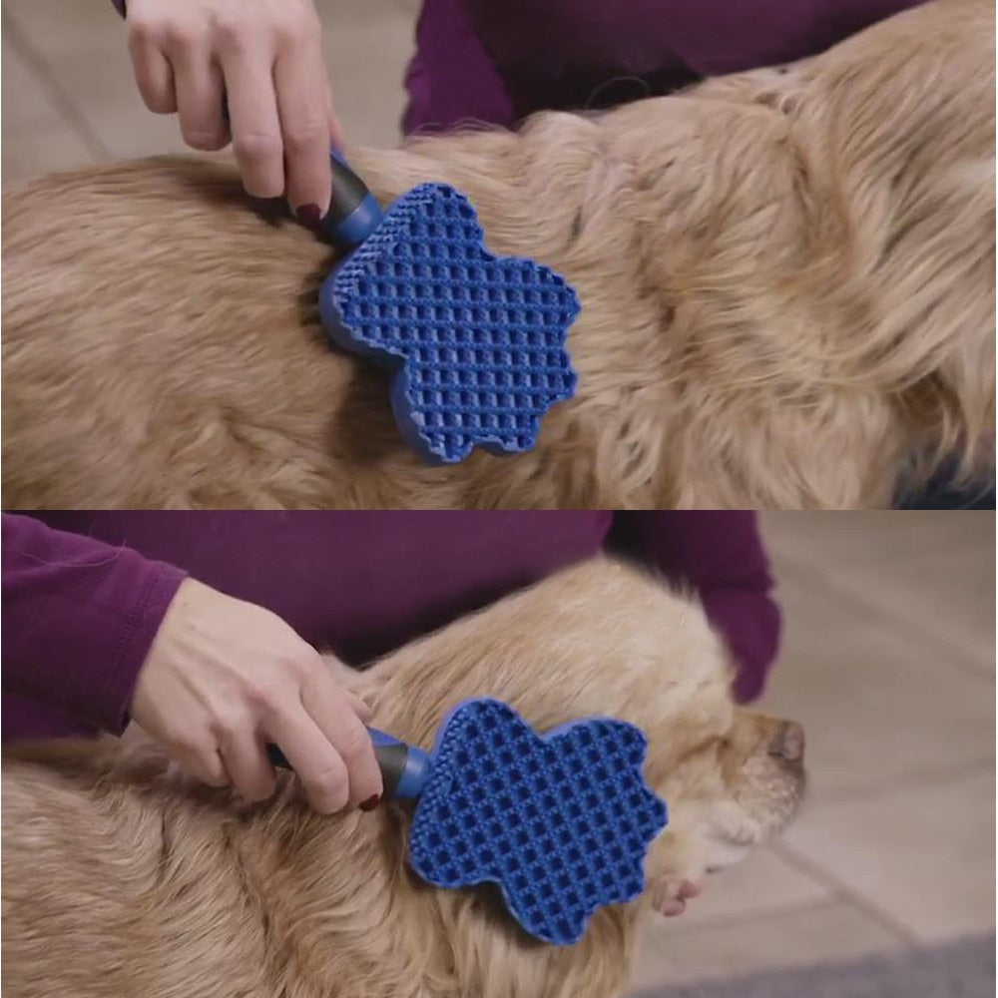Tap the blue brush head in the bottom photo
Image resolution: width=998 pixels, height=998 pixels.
pyautogui.click(x=539, y=818)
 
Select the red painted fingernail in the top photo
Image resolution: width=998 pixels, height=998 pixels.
pyautogui.click(x=308, y=214)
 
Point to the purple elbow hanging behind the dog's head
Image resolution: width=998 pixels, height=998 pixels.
pyautogui.click(x=748, y=639)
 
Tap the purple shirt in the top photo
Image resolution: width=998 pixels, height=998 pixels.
pyautogui.click(x=599, y=50)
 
